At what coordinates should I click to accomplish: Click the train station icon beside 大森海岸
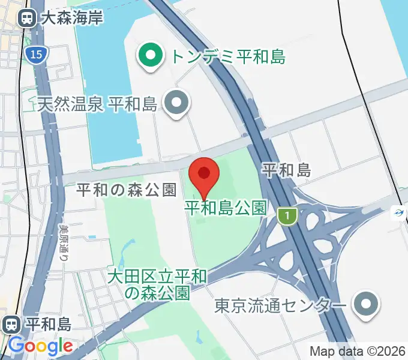click(x=27, y=18)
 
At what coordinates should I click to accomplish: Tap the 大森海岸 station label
click(x=72, y=18)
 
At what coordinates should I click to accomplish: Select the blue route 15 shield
click(x=35, y=55)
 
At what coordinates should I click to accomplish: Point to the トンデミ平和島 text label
click(x=228, y=57)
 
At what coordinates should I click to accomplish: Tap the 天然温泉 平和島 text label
click(x=97, y=104)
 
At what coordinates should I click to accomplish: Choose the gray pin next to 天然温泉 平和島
click(x=176, y=103)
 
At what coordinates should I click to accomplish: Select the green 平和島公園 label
click(x=225, y=208)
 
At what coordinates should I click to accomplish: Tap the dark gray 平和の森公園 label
click(x=127, y=190)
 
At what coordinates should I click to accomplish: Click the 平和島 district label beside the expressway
click(x=287, y=170)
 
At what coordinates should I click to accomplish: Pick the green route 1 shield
click(x=288, y=215)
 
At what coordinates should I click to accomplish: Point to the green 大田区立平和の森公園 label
click(x=158, y=284)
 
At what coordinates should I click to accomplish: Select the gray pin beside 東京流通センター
click(x=365, y=305)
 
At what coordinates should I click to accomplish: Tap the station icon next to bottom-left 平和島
click(x=11, y=325)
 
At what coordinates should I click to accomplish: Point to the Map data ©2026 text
click(x=358, y=351)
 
